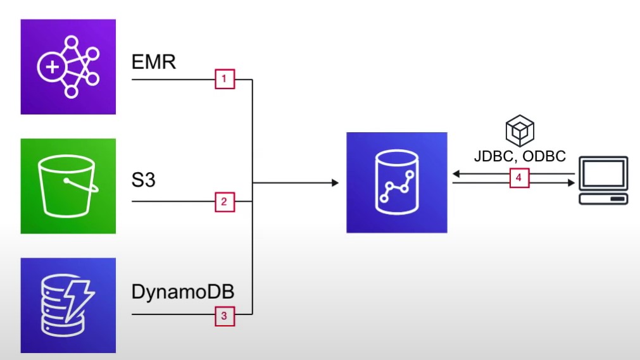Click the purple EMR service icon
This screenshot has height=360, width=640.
(x=68, y=66)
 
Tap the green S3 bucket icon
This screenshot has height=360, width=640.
(x=68, y=186)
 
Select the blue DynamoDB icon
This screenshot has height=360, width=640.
(x=68, y=305)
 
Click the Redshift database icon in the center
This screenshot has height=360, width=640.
(x=397, y=183)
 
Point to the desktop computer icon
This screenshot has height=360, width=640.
(x=604, y=180)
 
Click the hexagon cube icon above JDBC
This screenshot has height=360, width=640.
(x=520, y=131)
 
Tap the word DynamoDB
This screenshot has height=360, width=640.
(x=183, y=292)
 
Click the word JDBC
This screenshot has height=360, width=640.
(x=496, y=156)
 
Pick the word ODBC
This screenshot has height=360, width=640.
(x=544, y=156)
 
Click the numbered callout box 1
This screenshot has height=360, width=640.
(x=225, y=80)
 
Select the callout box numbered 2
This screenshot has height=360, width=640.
(x=225, y=202)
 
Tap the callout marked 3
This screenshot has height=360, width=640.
(x=225, y=315)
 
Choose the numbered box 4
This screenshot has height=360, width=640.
(x=518, y=178)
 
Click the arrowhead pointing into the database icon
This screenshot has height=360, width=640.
(x=334, y=183)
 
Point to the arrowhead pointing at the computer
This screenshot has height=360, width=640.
(x=572, y=183)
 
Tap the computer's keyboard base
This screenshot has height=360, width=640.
(x=604, y=199)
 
